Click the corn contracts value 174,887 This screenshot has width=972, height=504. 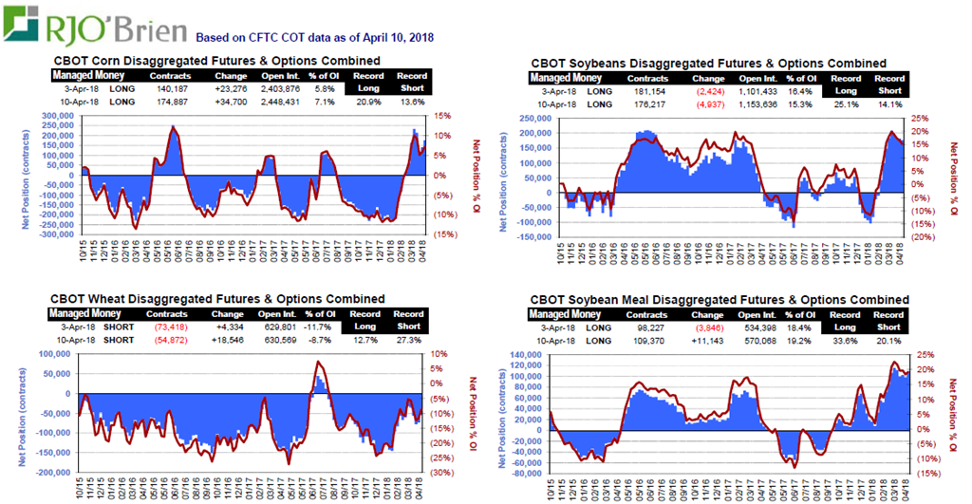(170, 101)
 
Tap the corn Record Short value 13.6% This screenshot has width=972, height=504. (412, 101)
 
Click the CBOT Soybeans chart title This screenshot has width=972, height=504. (708, 64)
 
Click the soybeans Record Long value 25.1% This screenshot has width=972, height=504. (845, 103)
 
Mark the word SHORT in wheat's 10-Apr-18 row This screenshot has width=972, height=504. (118, 339)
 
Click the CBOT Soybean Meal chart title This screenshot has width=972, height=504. (718, 300)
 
